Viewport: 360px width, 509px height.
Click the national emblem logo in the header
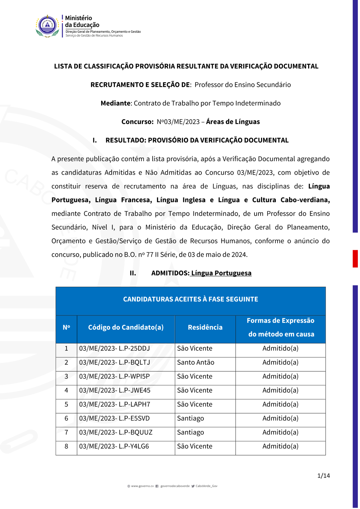coord(48,26)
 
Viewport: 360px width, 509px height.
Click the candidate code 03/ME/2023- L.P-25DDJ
coord(114,348)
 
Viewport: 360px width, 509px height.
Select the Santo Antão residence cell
coord(195,362)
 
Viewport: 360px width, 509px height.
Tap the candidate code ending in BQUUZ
coord(116,432)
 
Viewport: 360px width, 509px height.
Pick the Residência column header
coord(205,327)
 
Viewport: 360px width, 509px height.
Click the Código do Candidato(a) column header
coord(126,327)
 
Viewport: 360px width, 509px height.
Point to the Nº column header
coord(66,327)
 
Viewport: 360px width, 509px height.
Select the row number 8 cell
coord(66,446)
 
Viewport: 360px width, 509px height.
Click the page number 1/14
coord(323,476)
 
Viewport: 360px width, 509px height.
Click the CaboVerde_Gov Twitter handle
coord(206,486)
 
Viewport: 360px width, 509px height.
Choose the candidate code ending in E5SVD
coord(114,418)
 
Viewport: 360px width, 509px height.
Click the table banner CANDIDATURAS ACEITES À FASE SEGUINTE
coord(190,299)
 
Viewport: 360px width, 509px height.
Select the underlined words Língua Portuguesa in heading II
coord(221,273)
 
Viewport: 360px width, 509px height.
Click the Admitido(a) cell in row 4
coord(280,390)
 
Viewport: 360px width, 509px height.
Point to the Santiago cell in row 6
coord(190,418)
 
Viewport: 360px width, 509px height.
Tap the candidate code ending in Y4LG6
coord(114,446)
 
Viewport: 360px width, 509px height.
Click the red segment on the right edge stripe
coord(355,258)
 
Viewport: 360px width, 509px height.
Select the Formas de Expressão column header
coord(280,327)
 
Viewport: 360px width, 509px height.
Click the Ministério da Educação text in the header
coord(82,22)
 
